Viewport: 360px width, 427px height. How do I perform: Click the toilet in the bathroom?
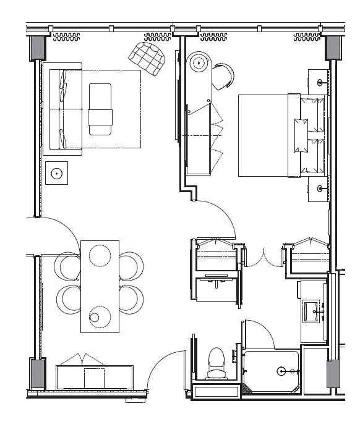point(216,363)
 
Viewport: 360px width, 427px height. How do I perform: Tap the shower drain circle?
point(282,371)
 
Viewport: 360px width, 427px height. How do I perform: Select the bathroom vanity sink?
point(311,310)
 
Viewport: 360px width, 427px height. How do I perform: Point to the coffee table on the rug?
point(101,109)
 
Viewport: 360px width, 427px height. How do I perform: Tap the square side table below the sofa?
point(57,174)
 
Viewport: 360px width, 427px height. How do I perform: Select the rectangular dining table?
point(100,286)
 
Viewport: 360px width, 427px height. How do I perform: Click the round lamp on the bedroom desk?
point(199,62)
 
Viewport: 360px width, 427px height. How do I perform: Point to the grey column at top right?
point(334,47)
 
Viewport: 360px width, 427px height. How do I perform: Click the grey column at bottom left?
point(36,374)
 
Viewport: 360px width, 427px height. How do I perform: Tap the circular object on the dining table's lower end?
point(95,318)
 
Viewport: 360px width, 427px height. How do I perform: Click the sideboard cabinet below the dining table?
point(94,376)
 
